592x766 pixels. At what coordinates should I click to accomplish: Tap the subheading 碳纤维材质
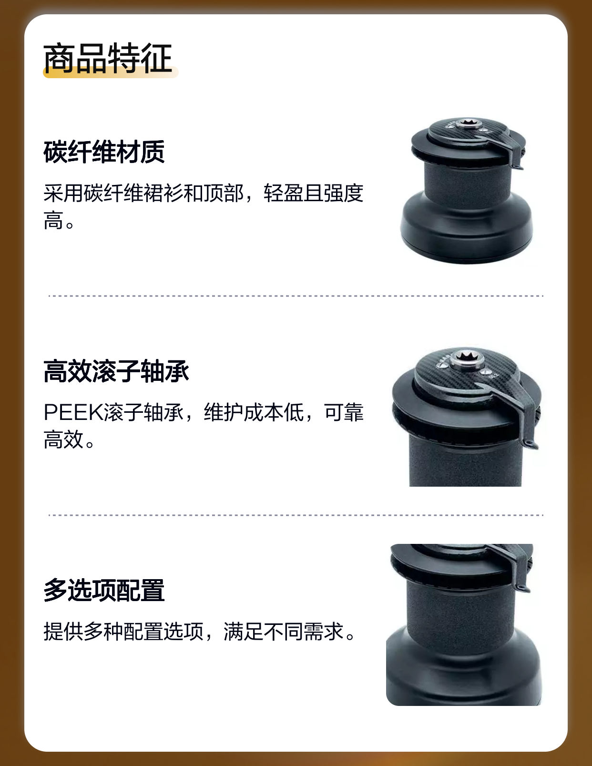point(104,152)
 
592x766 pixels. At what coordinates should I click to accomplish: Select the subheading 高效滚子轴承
point(116,371)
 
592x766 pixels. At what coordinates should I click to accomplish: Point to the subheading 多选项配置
point(104,590)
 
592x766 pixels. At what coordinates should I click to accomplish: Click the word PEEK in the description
point(73,412)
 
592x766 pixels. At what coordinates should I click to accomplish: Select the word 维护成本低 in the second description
point(254,412)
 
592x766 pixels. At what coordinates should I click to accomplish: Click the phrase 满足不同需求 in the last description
point(284,631)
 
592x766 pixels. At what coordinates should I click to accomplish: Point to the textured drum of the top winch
point(467,185)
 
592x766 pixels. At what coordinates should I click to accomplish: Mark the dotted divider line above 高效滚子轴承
point(296,296)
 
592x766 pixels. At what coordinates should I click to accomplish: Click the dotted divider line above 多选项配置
point(296,515)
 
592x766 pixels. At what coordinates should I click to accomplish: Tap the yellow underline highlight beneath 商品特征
point(111,72)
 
